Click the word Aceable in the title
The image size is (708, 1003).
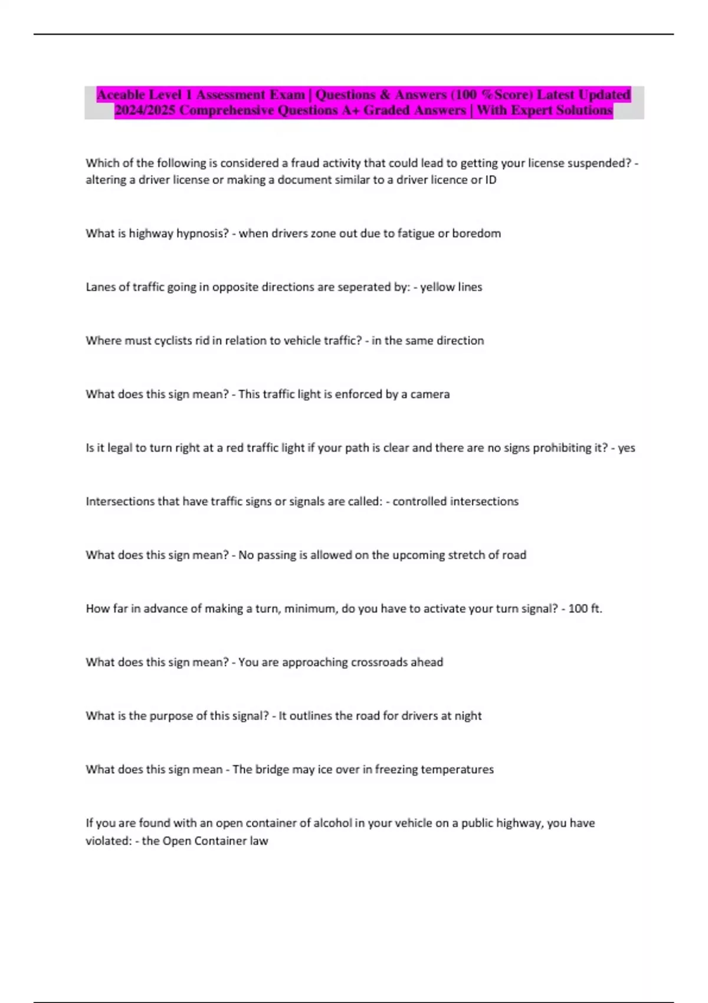coord(121,95)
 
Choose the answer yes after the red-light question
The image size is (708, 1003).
coord(627,448)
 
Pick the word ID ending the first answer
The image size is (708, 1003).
coord(490,180)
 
